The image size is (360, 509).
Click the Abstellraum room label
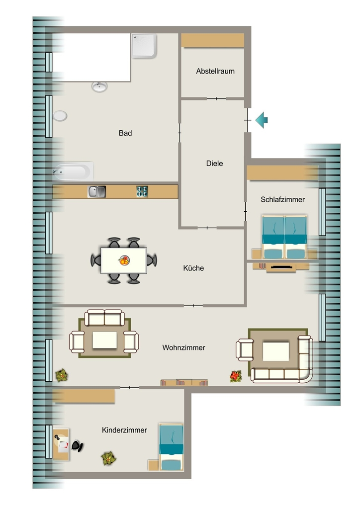[x=215, y=71]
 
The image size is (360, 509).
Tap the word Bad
[x=125, y=133]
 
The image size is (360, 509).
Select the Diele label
[x=215, y=163]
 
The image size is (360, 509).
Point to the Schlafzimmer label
[x=283, y=199]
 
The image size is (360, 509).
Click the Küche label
[x=193, y=268]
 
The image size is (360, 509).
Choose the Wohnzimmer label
[x=184, y=347]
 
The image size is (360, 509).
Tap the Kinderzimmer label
[x=124, y=430]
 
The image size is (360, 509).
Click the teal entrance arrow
[x=262, y=120]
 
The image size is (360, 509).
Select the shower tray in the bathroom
[x=145, y=46]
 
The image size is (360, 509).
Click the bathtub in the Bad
[x=74, y=171]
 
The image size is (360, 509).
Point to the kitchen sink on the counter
[x=97, y=191]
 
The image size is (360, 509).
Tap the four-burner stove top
[x=142, y=191]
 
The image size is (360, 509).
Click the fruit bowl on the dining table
[x=124, y=260]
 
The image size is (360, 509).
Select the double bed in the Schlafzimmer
[x=284, y=237]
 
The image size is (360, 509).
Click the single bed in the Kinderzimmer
[x=171, y=447]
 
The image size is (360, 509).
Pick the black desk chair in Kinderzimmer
[x=77, y=446]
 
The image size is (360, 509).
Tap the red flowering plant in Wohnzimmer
[x=236, y=376]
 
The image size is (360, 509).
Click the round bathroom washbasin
[x=99, y=86]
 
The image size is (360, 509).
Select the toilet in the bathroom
[x=60, y=115]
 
